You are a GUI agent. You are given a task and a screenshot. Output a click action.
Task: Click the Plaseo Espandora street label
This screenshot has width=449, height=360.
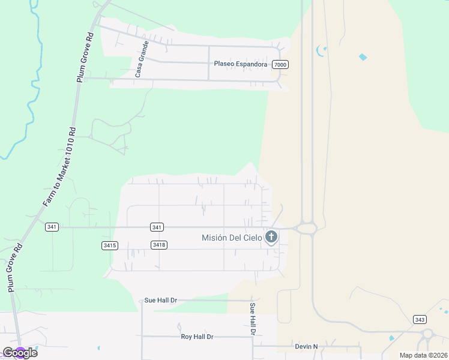click(241, 63)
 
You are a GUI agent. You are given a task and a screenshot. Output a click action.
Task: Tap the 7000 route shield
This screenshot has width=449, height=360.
click(280, 64)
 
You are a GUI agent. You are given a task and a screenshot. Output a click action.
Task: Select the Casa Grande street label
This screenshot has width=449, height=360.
click(140, 59)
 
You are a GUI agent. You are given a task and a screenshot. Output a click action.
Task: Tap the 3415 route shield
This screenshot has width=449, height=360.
click(110, 245)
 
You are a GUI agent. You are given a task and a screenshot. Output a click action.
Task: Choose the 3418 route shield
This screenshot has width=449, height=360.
click(159, 245)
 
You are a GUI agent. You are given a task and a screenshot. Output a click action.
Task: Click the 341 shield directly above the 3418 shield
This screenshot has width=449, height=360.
click(157, 227)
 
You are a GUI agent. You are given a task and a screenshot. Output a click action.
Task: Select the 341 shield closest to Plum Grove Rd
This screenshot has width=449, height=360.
click(52, 227)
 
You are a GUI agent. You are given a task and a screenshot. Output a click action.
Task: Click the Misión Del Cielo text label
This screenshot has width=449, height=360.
click(232, 238)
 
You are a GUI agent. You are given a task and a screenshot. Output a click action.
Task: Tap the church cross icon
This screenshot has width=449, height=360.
click(271, 237)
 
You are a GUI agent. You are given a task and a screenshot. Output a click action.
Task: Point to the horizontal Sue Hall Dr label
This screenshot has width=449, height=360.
click(161, 300)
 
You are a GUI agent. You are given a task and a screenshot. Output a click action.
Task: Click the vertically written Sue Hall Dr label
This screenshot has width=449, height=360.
click(253, 319)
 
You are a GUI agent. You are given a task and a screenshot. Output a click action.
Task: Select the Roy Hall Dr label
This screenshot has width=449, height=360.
click(197, 337)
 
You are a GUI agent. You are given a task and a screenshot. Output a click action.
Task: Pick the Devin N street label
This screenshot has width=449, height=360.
click(306, 346)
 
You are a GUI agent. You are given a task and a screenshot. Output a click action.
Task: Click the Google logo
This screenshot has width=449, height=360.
click(20, 352)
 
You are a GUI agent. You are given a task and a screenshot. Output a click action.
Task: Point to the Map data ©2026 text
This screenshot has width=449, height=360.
click(423, 355)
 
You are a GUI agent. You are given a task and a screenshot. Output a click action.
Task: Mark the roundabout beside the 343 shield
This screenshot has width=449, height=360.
click(428, 334)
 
